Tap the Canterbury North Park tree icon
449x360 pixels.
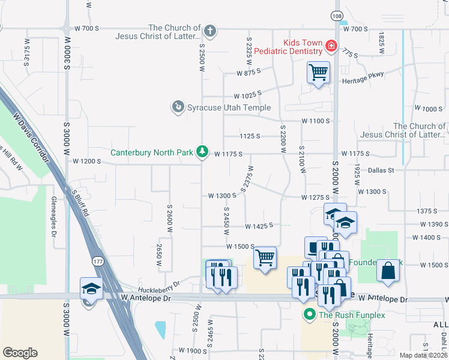click(x=203, y=152)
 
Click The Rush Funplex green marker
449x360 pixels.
click(x=310, y=314)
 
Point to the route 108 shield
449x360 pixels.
click(x=337, y=15)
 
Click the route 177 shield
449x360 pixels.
click(x=98, y=262)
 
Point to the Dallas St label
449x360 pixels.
click(x=381, y=170)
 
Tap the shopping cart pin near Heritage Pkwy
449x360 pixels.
click(x=318, y=73)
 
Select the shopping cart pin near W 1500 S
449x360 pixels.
click(x=265, y=258)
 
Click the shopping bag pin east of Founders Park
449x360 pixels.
click(x=389, y=271)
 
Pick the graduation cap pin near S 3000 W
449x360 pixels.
click(x=91, y=289)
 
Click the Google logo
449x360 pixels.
click(x=20, y=353)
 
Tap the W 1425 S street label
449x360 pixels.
click(x=259, y=226)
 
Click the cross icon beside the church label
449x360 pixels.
click(x=209, y=30)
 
